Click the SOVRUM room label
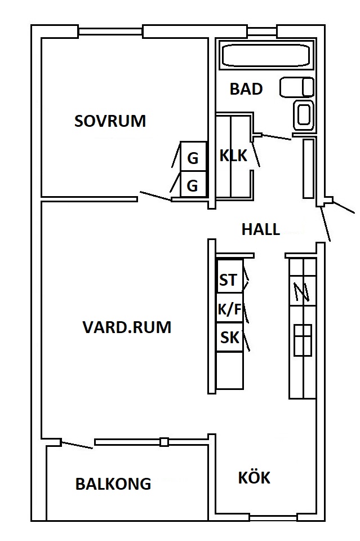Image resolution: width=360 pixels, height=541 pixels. pyautogui.click(x=110, y=121)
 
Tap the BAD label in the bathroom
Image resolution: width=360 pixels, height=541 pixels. pyautogui.click(x=246, y=89)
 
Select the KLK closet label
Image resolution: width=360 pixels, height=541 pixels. pyautogui.click(x=233, y=156)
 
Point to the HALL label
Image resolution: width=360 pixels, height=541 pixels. pyautogui.click(x=260, y=229)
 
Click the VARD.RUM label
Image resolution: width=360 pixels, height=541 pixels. pyautogui.click(x=127, y=327)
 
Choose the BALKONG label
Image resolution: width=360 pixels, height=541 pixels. pyautogui.click(x=113, y=484)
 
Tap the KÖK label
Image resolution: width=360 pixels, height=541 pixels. pyautogui.click(x=254, y=478)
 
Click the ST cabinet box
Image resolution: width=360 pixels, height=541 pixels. pyautogui.click(x=229, y=280)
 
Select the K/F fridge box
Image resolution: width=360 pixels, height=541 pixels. pyautogui.click(x=229, y=309)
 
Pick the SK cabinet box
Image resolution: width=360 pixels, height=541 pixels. pyautogui.click(x=229, y=338)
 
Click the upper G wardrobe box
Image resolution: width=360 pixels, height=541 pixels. pyautogui.click(x=193, y=159)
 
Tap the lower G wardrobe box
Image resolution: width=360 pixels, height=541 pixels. pyautogui.click(x=193, y=185)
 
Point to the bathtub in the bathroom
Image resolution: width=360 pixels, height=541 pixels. pyautogui.click(x=265, y=55)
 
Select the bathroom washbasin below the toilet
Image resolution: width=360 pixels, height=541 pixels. pyautogui.click(x=303, y=114)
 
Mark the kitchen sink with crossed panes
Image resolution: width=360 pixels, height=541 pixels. pyautogui.click(x=302, y=340)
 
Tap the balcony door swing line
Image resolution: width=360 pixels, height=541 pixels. pyautogui.click(x=77, y=445)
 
